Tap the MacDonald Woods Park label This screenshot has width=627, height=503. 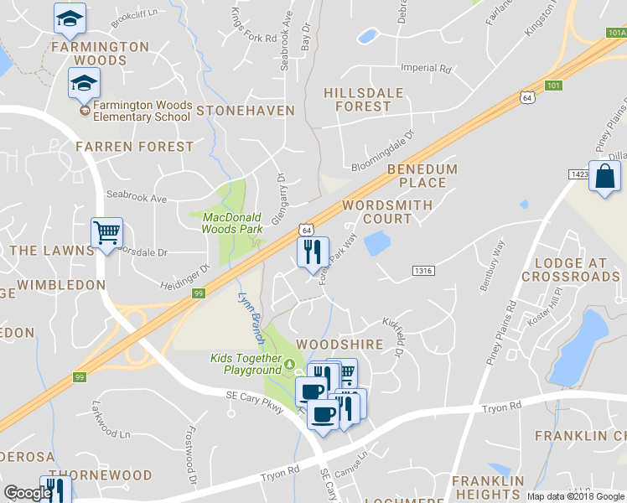click(x=233, y=222)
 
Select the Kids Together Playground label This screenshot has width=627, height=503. click(x=246, y=365)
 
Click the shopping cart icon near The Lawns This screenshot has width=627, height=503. click(x=106, y=232)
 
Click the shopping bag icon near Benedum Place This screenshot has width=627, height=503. click(x=604, y=178)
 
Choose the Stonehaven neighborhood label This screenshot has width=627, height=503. click(x=246, y=111)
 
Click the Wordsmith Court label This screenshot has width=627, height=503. click(x=388, y=211)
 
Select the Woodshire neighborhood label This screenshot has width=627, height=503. click(x=339, y=345)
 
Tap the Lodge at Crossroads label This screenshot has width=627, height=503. click(x=576, y=268)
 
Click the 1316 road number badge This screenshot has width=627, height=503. click(x=423, y=270)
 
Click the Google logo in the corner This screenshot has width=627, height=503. click(x=28, y=493)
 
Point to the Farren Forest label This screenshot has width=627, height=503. click(x=134, y=147)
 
